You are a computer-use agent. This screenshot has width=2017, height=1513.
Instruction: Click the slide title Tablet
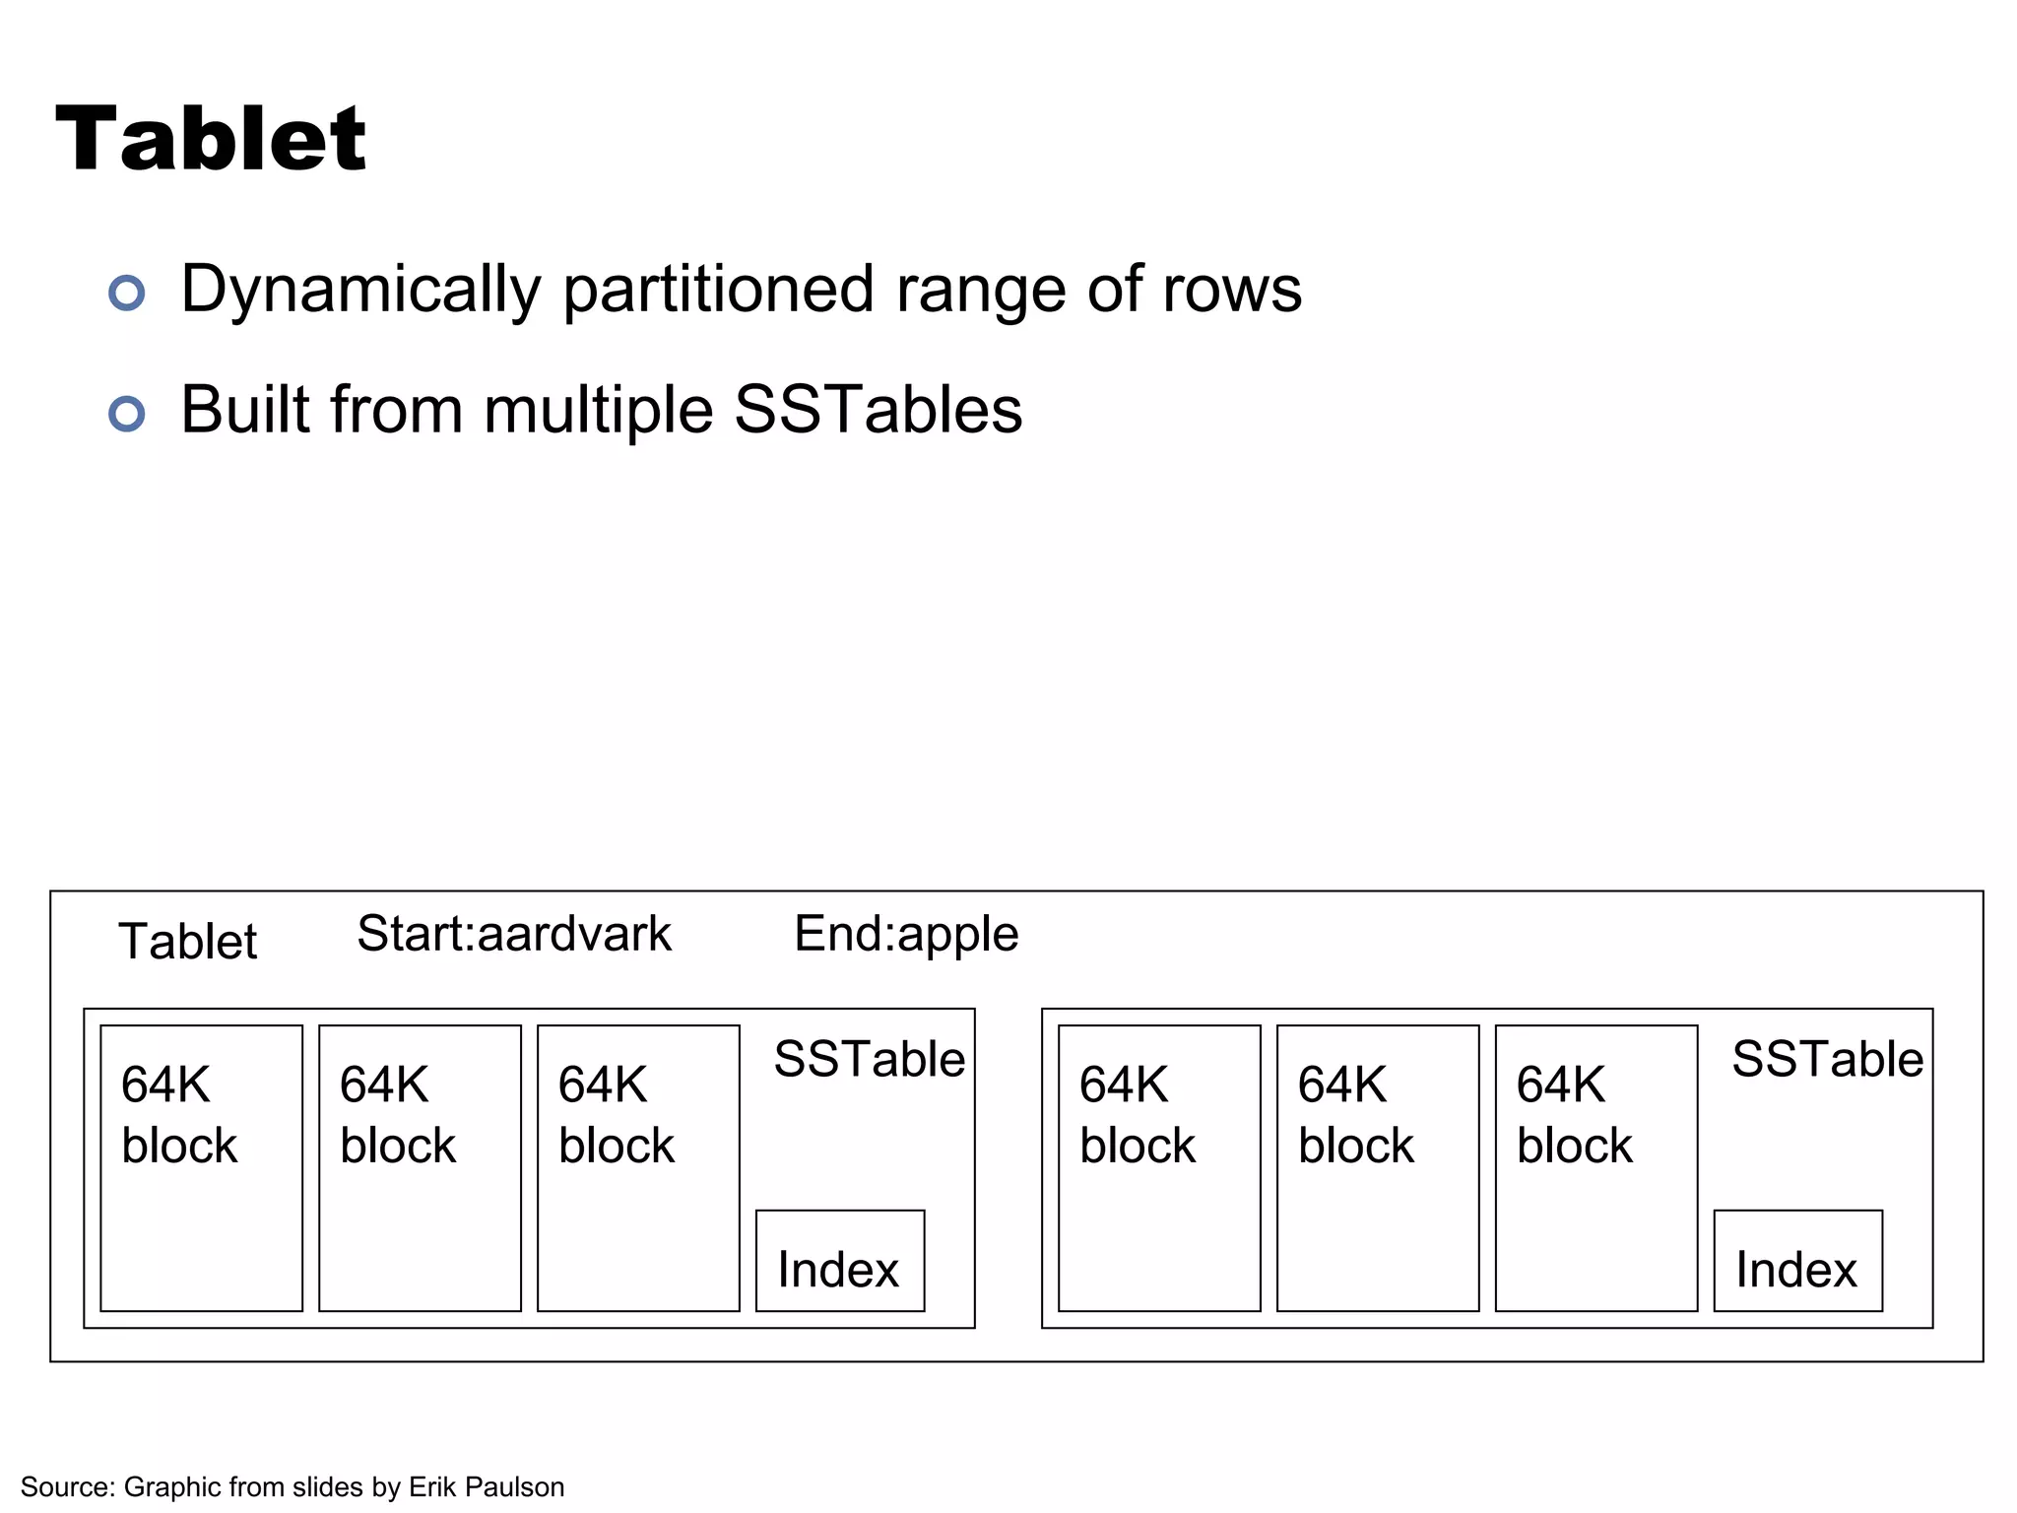coord(211,140)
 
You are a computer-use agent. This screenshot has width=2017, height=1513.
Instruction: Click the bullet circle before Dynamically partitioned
coord(127,293)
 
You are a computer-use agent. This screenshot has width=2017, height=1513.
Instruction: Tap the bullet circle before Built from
coord(127,414)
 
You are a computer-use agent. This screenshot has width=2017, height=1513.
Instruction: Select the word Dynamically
coord(360,291)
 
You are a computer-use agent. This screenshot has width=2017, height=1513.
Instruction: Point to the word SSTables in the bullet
coord(878,410)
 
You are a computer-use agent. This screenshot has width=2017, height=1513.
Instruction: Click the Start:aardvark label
coord(513,934)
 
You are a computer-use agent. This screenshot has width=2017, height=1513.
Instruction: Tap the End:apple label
coord(905,934)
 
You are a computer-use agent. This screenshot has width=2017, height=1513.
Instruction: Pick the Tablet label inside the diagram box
coord(187,941)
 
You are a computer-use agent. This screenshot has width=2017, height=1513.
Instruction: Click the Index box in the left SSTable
coord(839,1261)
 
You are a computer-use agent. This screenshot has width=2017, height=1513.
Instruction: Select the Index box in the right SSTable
coord(1797,1261)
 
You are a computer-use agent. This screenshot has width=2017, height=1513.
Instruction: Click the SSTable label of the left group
coord(869,1060)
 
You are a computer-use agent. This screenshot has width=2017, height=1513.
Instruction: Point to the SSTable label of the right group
coord(1827,1060)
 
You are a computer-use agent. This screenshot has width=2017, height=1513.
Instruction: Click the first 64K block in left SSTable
coord(201,1168)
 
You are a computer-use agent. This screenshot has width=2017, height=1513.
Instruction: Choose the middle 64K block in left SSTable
coord(420,1168)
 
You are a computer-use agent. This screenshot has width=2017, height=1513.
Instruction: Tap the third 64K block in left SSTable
coord(638,1168)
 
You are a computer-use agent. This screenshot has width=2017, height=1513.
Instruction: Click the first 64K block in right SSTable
coord(1159,1168)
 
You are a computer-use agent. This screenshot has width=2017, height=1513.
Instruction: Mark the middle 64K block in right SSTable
coord(1378,1168)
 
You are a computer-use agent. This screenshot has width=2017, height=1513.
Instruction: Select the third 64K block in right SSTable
coord(1596,1168)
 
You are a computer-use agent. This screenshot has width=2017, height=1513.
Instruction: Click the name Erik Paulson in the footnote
coord(487,1486)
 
